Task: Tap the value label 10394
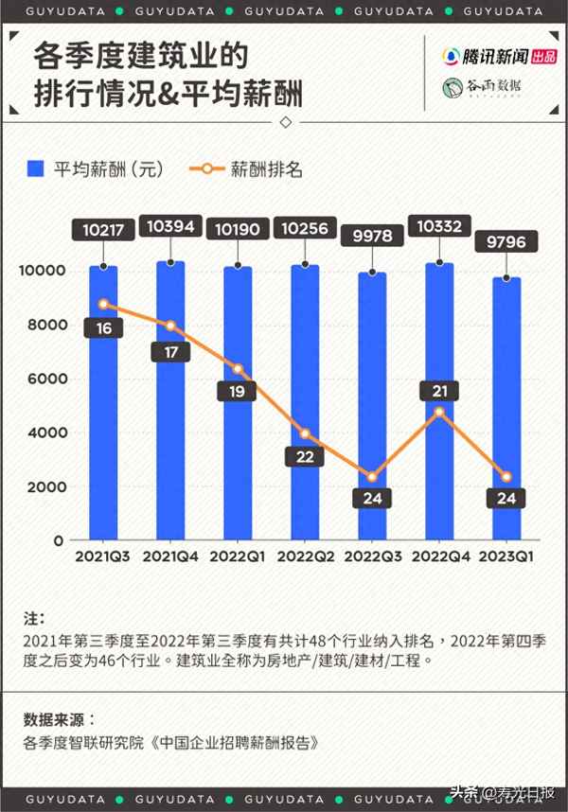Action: pyautogui.click(x=170, y=226)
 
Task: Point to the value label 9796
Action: pyautogui.click(x=506, y=241)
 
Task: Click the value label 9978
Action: pyautogui.click(x=372, y=236)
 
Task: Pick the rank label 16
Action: pyautogui.click(x=103, y=328)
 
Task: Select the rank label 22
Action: pyautogui.click(x=305, y=457)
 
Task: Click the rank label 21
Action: pyautogui.click(x=439, y=390)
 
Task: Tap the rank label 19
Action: pyautogui.click(x=238, y=391)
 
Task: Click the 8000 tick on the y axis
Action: pyautogui.click(x=44, y=325)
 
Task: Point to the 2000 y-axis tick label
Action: pyautogui.click(x=44, y=486)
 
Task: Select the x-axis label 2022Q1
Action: pyautogui.click(x=238, y=556)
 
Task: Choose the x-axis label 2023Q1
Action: pyautogui.click(x=506, y=556)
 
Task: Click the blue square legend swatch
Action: pyautogui.click(x=36, y=169)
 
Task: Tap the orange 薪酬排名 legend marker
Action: pyautogui.click(x=208, y=169)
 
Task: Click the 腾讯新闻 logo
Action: pyautogui.click(x=489, y=56)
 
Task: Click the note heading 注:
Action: pyautogui.click(x=34, y=618)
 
